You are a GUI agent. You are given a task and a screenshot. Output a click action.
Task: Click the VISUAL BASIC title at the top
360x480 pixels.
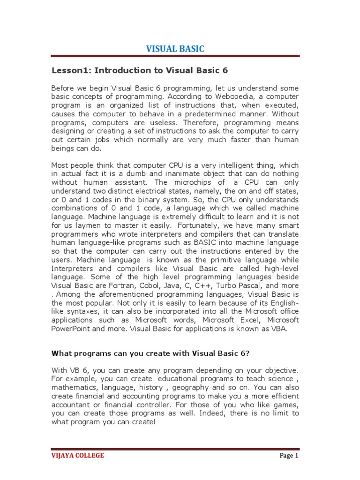pyautogui.click(x=175, y=49)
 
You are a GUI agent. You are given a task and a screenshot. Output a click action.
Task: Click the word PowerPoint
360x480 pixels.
pyautogui.click(x=70, y=328)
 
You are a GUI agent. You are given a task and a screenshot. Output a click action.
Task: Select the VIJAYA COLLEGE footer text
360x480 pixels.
pyautogui.click(x=77, y=456)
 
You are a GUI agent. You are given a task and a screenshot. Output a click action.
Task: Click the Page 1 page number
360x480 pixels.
pyautogui.click(x=289, y=456)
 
